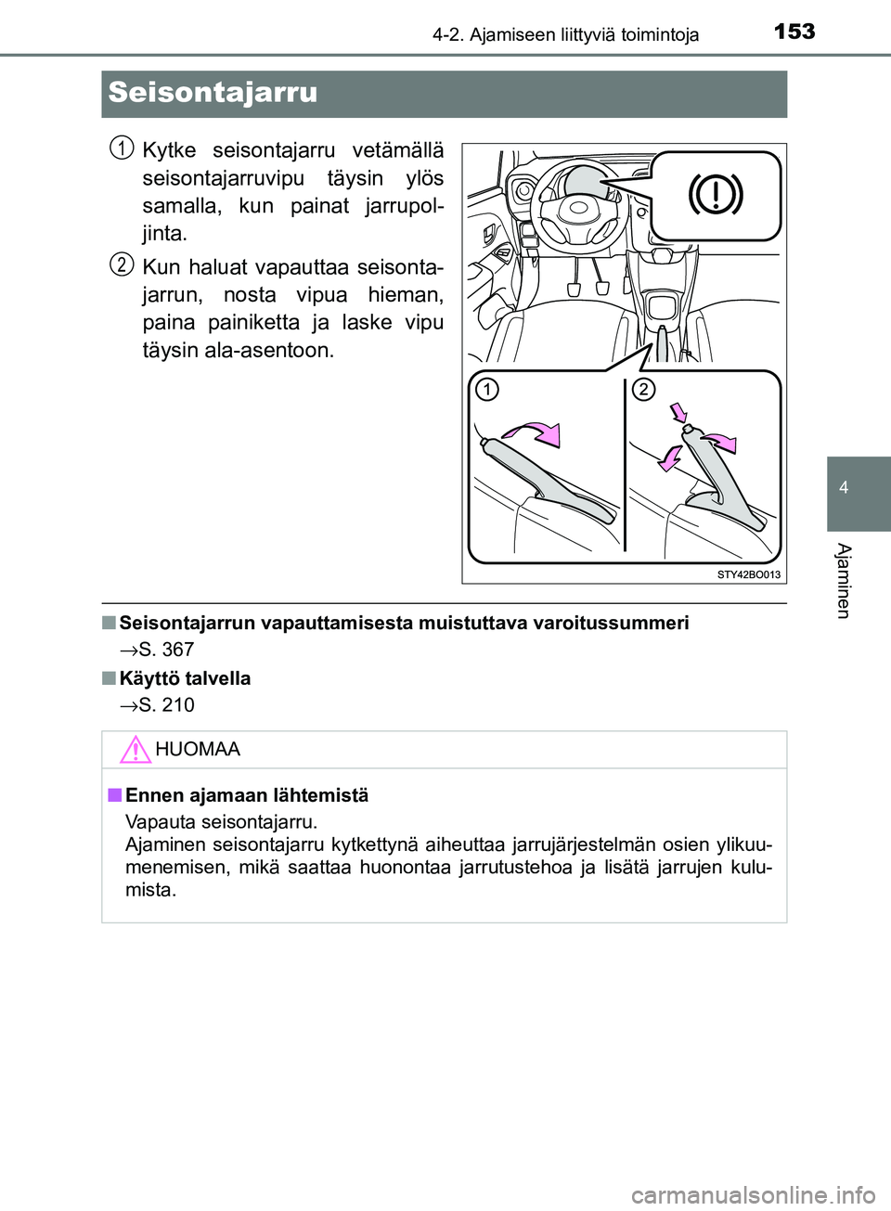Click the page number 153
[794, 32]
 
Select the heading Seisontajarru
[213, 93]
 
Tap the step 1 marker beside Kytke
[121, 148]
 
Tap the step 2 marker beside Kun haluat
[121, 264]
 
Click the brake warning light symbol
[715, 195]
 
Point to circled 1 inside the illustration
[486, 389]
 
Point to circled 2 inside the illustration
[642, 389]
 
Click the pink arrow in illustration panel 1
[535, 432]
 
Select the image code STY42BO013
[748, 574]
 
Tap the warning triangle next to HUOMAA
[135, 749]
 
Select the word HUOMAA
[198, 749]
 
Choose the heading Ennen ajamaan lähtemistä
[246, 795]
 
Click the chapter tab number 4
[844, 488]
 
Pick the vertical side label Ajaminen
[843, 580]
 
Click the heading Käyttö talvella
[185, 678]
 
